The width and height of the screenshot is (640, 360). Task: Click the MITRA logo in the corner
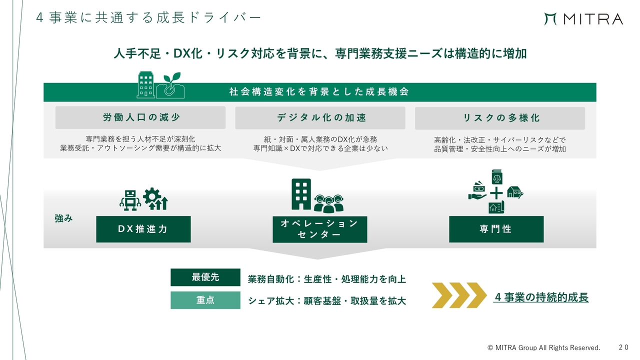click(x=583, y=19)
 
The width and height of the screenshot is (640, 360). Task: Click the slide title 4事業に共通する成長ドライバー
click(x=148, y=17)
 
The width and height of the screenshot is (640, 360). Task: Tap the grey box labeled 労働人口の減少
click(x=140, y=117)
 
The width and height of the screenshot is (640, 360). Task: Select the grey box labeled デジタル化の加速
click(x=320, y=117)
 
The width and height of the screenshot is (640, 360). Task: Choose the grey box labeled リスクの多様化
click(x=500, y=118)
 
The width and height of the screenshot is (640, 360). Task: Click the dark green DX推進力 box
click(x=143, y=229)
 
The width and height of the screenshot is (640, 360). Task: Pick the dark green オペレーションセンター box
click(x=320, y=229)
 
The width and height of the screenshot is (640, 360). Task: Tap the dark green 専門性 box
click(x=496, y=229)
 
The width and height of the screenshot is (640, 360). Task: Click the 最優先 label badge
click(x=205, y=277)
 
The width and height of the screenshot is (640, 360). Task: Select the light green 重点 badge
click(x=205, y=300)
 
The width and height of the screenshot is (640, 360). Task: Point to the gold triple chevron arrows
click(x=459, y=295)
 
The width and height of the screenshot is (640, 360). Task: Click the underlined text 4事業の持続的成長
click(x=541, y=297)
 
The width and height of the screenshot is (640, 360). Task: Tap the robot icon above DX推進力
click(x=130, y=200)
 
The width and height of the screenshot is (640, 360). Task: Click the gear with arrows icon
click(x=155, y=199)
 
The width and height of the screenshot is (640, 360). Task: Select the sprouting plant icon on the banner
click(x=170, y=85)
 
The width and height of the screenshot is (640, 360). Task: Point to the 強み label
click(x=63, y=218)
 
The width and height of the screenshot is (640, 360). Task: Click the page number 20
click(x=623, y=347)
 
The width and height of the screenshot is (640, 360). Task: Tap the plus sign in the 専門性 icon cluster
click(x=496, y=193)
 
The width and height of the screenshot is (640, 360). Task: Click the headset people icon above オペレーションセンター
click(x=328, y=203)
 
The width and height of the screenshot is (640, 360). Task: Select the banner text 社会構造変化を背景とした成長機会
click(x=319, y=91)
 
